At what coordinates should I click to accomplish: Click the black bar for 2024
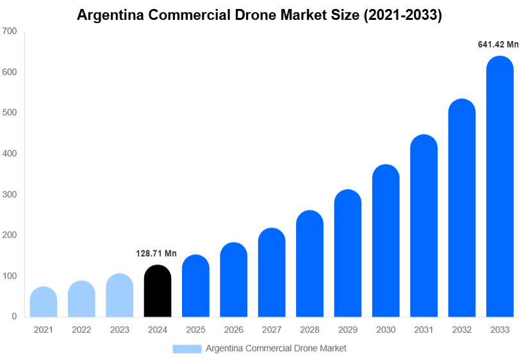click(158, 291)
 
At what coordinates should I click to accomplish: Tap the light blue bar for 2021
click(44, 302)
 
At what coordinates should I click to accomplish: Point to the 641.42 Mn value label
click(498, 44)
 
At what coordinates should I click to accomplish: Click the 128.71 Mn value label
click(156, 254)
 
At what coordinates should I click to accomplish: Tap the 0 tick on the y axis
click(13, 316)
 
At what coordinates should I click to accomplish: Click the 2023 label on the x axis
click(119, 330)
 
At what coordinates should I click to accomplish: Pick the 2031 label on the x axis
click(424, 330)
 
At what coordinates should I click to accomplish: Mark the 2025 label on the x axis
click(195, 330)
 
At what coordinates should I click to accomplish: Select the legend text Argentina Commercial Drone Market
click(276, 348)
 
